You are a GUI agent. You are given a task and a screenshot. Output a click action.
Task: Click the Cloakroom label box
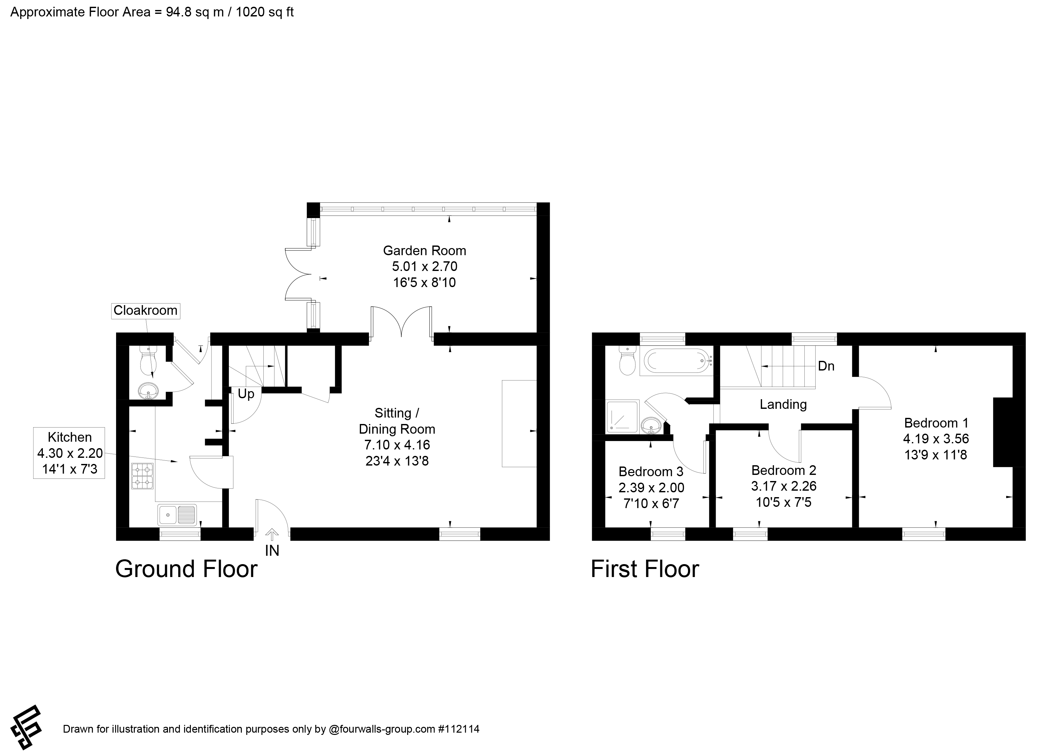click(x=146, y=311)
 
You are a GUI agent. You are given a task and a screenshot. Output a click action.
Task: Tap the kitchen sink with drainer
click(x=177, y=515)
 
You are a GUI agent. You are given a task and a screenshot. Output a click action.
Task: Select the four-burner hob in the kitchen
click(x=142, y=476)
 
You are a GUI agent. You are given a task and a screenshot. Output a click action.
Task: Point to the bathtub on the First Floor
click(x=677, y=362)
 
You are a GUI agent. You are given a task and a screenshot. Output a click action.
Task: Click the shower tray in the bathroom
click(x=622, y=417)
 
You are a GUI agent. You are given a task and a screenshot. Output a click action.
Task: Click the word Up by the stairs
click(x=246, y=394)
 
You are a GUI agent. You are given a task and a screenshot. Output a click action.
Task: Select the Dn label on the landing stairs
click(x=826, y=366)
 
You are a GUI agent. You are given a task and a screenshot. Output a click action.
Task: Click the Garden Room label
click(x=425, y=250)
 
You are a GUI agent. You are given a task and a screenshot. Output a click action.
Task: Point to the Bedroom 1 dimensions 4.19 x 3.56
click(x=936, y=439)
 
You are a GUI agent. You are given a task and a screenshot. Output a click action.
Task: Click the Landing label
click(x=783, y=404)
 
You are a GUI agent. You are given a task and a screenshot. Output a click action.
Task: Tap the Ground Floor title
click(x=186, y=569)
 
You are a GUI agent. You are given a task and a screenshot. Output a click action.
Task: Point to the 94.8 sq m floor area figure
click(x=195, y=12)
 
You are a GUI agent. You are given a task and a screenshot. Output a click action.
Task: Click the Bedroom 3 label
click(x=651, y=472)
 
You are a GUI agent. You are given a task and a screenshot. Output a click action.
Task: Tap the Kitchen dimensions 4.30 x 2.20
click(x=70, y=453)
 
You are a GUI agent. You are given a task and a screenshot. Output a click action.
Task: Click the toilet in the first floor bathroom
click(x=627, y=361)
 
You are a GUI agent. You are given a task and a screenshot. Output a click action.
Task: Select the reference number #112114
click(x=459, y=729)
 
